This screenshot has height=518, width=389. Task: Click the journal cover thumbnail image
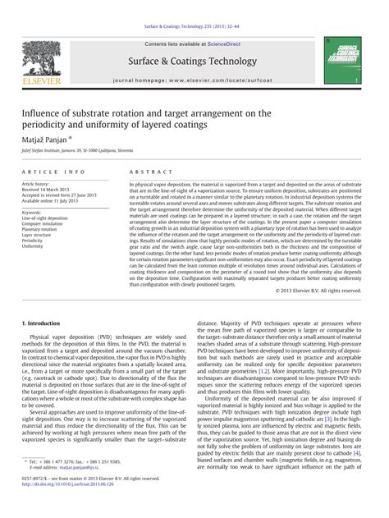342,59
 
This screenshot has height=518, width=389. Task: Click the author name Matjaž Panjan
48,141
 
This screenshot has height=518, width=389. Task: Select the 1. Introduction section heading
43,325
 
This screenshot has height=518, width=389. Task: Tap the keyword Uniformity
33,245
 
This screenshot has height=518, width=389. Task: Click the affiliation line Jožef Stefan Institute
80,153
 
